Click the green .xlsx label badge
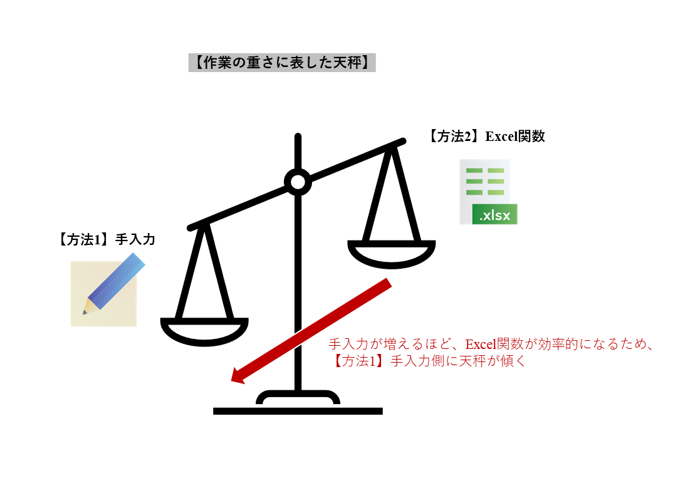494,215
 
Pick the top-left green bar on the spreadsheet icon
474,171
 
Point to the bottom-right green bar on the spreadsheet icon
496,192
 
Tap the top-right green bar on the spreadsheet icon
496,171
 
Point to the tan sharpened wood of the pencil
91,306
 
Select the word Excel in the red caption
480,345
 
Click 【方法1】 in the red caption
355,361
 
